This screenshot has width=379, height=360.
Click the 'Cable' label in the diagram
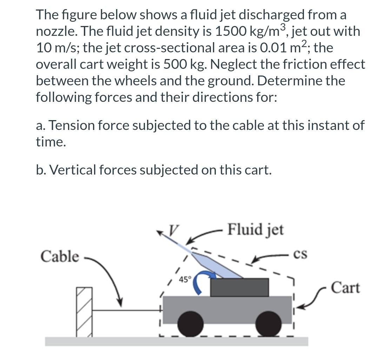click(60, 256)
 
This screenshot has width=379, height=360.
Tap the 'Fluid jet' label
click(255, 230)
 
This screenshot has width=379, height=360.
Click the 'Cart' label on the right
click(345, 288)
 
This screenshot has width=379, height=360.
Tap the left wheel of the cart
click(190, 324)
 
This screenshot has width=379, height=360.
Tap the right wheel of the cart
click(268, 324)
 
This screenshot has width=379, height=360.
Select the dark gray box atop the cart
click(239, 287)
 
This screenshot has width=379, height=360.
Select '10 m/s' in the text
click(58, 48)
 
